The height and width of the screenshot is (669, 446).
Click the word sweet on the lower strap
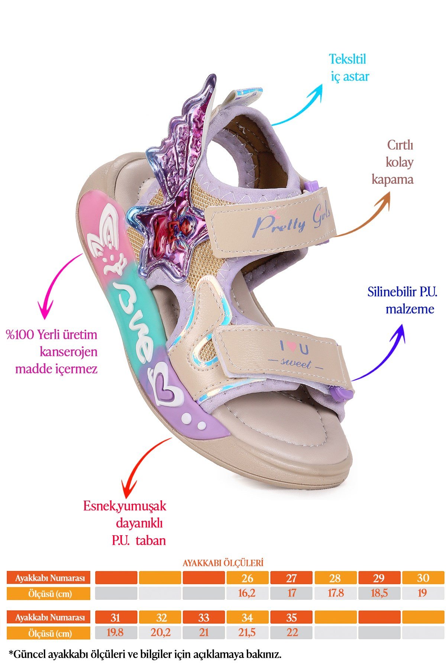pyautogui.click(x=296, y=363)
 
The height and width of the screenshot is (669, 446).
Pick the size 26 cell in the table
pyautogui.click(x=247, y=578)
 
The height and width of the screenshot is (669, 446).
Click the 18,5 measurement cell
pyautogui.click(x=379, y=593)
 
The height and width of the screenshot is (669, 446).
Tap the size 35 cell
pyautogui.click(x=291, y=618)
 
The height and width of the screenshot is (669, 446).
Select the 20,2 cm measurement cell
pyautogui.click(x=160, y=633)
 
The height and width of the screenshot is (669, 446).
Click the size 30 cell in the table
pyautogui.click(x=423, y=578)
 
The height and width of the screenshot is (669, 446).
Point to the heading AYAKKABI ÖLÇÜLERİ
pyautogui.click(x=223, y=563)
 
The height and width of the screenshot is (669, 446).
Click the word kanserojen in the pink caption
pyautogui.click(x=69, y=352)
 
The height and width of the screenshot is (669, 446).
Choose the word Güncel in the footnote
pyautogui.click(x=30, y=655)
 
